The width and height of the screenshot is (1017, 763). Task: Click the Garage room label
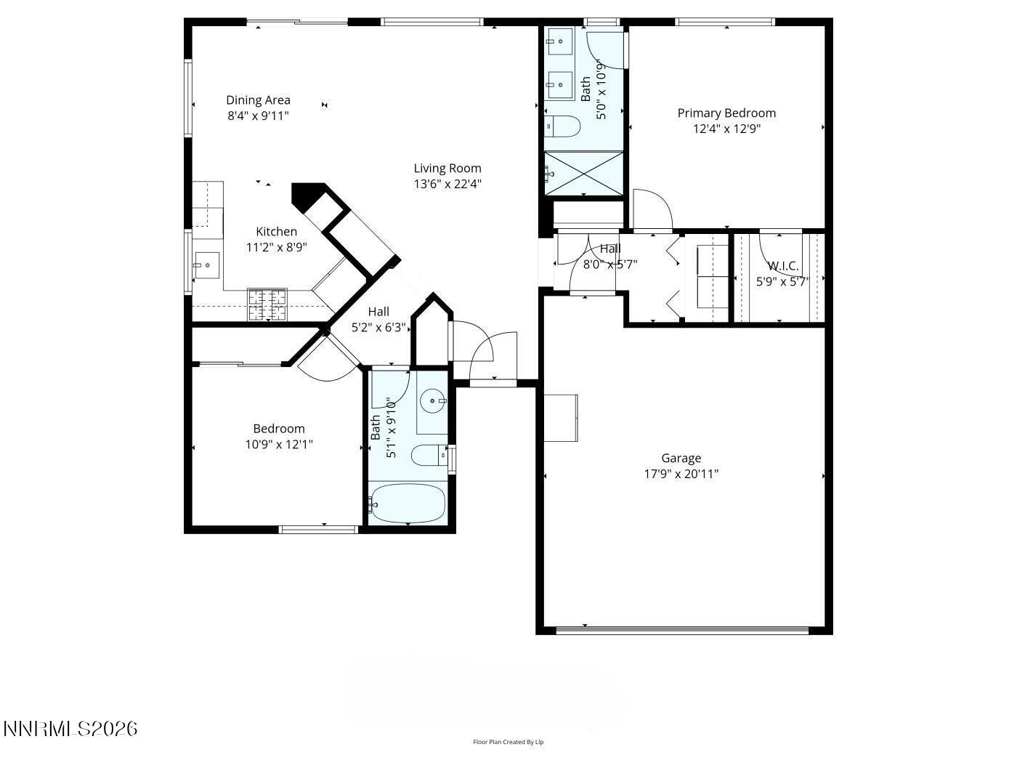click(681, 458)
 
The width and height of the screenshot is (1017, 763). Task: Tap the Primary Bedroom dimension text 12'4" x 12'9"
click(726, 129)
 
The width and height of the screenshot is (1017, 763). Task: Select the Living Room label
click(447, 169)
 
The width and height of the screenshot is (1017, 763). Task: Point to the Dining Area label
click(258, 100)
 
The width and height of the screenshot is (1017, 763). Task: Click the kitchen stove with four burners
click(267, 305)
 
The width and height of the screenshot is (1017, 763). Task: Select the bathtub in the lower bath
click(407, 503)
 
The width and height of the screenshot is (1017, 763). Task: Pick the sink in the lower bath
click(434, 401)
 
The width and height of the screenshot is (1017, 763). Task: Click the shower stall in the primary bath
click(584, 173)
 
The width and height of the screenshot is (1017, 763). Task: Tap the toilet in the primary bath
click(563, 126)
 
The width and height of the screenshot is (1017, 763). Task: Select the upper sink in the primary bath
click(560, 41)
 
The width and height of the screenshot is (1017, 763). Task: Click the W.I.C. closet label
click(783, 266)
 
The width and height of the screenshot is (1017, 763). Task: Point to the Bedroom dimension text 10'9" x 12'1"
click(279, 444)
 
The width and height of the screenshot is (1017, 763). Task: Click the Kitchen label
click(276, 232)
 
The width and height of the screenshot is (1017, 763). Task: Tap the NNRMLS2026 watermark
click(70, 728)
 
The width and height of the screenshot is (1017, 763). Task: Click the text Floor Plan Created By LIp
click(508, 742)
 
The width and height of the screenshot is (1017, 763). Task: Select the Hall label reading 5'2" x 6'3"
click(378, 328)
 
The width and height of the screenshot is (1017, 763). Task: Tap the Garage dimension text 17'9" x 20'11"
click(681, 474)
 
